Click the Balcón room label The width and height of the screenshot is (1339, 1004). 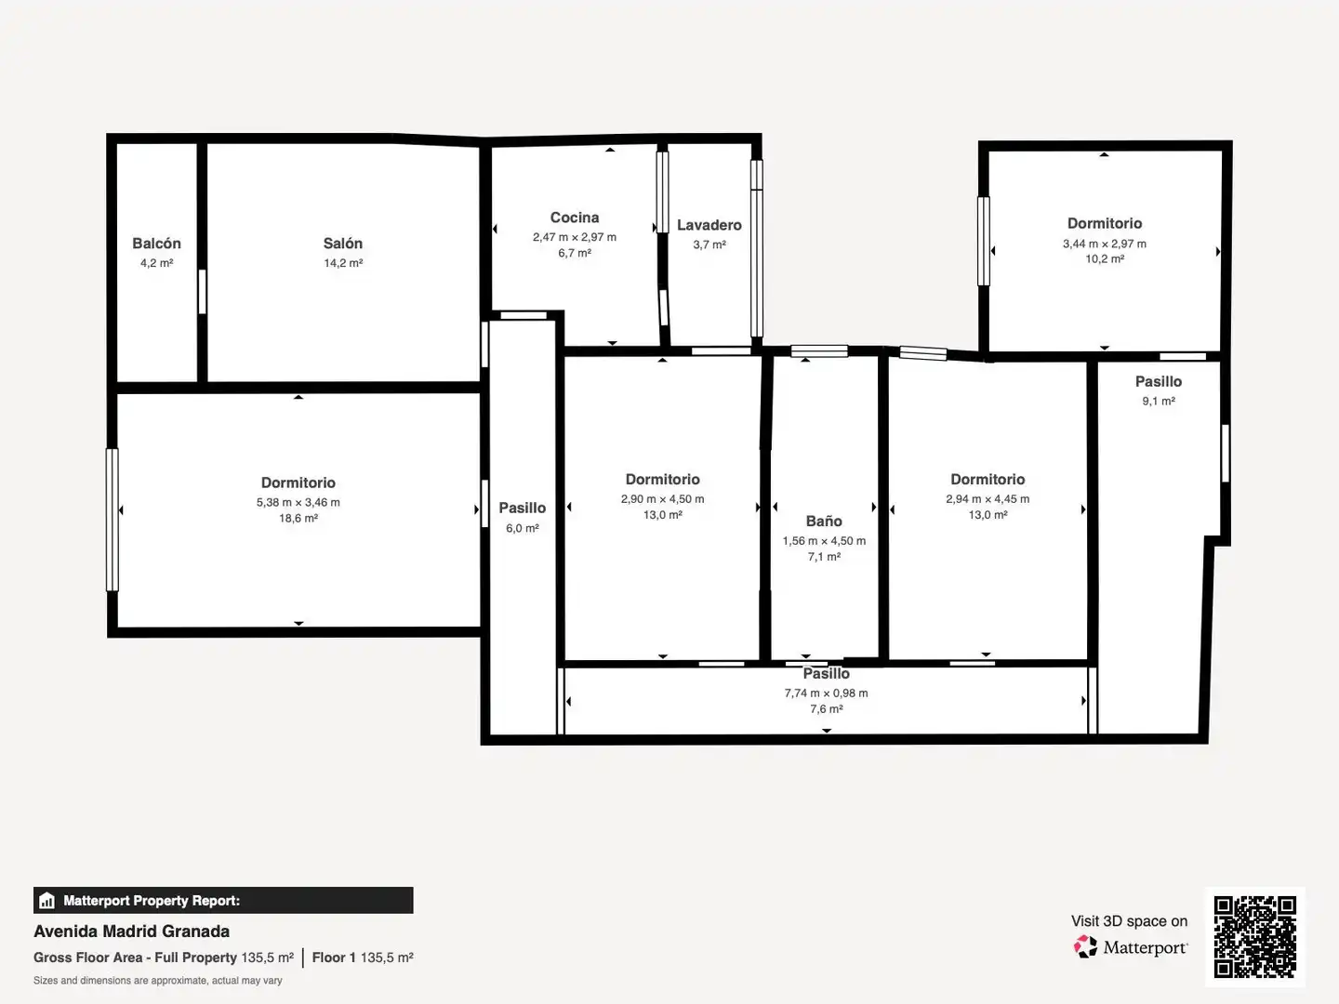click(157, 244)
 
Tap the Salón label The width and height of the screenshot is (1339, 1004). click(343, 244)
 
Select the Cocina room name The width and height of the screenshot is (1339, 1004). click(575, 218)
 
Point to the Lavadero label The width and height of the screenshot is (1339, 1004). click(709, 225)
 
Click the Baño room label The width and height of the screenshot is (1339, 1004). click(824, 522)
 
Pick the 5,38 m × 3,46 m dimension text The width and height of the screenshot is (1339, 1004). click(298, 502)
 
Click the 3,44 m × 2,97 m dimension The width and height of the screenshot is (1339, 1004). click(1105, 244)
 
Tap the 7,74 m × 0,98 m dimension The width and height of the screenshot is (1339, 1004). click(827, 694)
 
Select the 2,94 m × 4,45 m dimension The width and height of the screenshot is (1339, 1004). click(988, 498)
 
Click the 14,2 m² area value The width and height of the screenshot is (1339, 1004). click(343, 263)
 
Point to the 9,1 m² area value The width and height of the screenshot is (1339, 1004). click(1159, 401)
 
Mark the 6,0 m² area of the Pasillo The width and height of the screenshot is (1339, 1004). click(523, 529)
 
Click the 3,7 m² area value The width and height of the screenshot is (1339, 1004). click(709, 245)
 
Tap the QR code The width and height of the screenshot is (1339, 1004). click(1254, 937)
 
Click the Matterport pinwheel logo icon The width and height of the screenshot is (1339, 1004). click(1085, 946)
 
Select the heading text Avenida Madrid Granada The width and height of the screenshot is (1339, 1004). click(132, 931)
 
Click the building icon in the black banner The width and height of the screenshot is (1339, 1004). click(47, 901)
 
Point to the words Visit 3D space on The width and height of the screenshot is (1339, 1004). click(1129, 921)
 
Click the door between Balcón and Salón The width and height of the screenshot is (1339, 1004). click(202, 292)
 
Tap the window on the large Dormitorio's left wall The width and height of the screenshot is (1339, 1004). click(113, 520)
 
